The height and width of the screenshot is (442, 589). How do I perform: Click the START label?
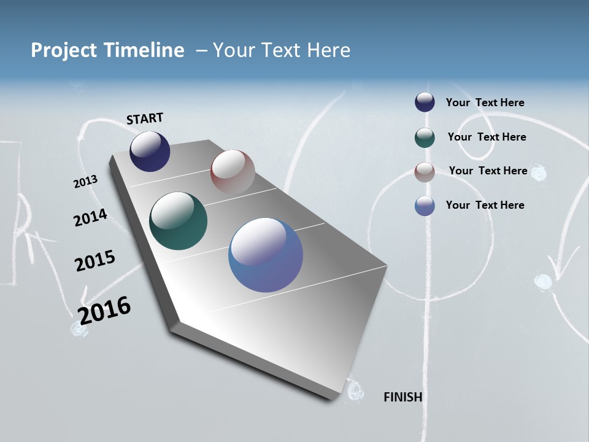pyautogui.click(x=145, y=118)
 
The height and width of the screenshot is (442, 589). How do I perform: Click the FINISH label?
pyautogui.click(x=402, y=397)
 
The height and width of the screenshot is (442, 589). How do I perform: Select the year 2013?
pyautogui.click(x=85, y=182)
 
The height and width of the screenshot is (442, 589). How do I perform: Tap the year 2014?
pyautogui.click(x=90, y=218)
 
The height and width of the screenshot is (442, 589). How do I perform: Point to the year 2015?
pyautogui.click(x=94, y=261)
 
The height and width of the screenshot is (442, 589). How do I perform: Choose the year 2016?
pyautogui.click(x=104, y=310)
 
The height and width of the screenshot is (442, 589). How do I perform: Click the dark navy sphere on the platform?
pyautogui.click(x=150, y=152)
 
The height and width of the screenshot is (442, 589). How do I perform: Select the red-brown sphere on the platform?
pyautogui.click(x=233, y=172)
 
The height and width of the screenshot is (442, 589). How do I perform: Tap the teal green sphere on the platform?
pyautogui.click(x=178, y=221)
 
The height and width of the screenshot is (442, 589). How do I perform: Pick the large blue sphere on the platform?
pyautogui.click(x=266, y=255)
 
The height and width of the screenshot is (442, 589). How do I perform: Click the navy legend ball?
pyautogui.click(x=425, y=102)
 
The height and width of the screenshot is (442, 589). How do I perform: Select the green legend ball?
pyautogui.click(x=425, y=137)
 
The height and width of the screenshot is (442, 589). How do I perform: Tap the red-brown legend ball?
pyautogui.click(x=425, y=171)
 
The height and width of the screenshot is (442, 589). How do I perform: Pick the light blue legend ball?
pyautogui.click(x=425, y=206)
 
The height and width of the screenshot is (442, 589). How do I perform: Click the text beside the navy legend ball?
pyautogui.click(x=485, y=103)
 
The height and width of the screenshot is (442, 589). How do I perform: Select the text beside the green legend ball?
pyautogui.click(x=487, y=137)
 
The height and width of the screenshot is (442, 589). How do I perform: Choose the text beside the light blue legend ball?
pyautogui.click(x=485, y=205)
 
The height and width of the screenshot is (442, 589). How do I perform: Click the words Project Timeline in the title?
pyautogui.click(x=107, y=50)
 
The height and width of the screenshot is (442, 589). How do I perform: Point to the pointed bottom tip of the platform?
pyautogui.click(x=331, y=398)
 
